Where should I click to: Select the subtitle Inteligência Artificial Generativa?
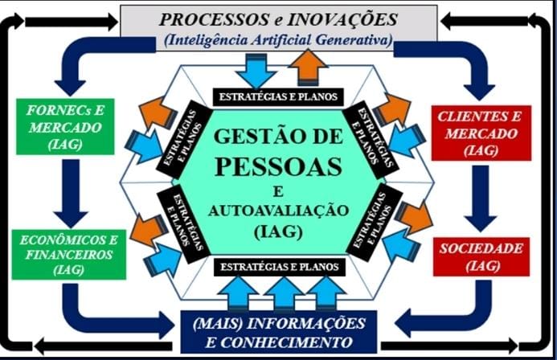point(278,38)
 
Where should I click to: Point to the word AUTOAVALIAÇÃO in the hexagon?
point(278,211)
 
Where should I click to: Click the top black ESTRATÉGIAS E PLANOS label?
point(278,97)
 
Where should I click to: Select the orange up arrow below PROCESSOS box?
point(308,67)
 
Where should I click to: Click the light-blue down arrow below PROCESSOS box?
point(256,70)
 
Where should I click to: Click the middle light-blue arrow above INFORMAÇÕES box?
point(283,292)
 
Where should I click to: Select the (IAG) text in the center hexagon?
point(278,233)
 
